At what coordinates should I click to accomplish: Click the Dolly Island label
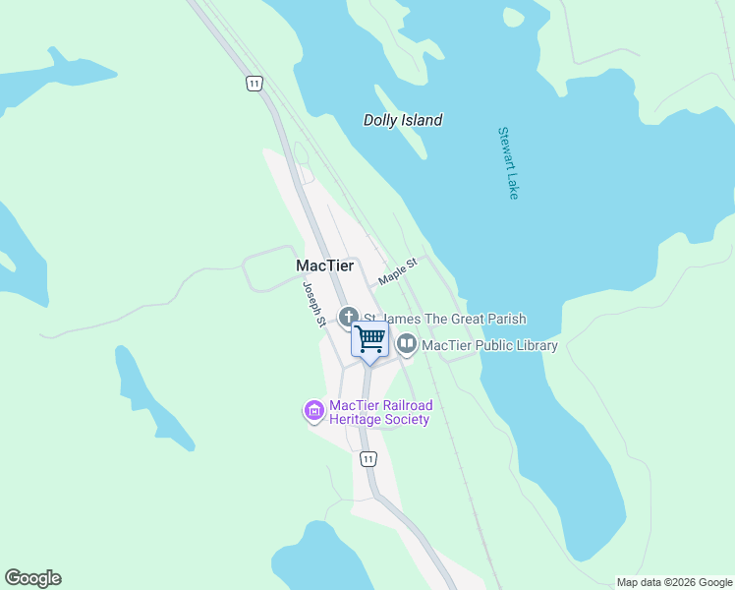403,121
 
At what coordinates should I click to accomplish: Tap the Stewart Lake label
507,163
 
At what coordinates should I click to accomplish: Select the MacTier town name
324,266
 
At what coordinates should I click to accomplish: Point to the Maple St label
398,272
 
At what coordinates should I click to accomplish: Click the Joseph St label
313,304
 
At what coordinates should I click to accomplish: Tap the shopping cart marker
369,339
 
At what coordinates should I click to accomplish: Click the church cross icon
348,318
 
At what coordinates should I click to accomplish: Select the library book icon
407,344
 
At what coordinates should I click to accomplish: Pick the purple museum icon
314,411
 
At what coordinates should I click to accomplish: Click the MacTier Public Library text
489,345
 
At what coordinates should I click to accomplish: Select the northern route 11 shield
254,84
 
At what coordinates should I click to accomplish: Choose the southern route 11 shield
367,459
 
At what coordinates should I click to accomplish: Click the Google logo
32,578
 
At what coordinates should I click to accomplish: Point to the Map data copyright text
675,582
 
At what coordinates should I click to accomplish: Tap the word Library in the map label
533,345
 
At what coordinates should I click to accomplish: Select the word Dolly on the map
380,121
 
